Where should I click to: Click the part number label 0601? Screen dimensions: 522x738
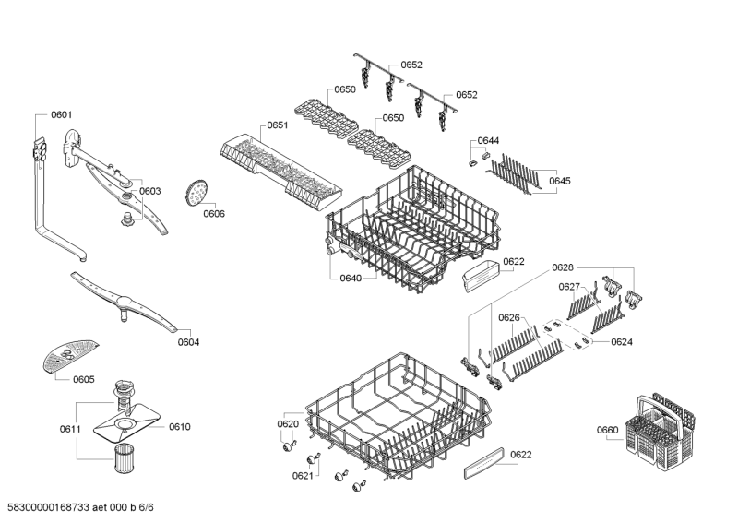(61, 115)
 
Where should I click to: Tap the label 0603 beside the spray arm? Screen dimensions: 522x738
(150, 191)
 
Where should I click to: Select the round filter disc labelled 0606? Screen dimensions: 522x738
(196, 192)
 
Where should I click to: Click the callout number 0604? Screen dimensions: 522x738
(188, 342)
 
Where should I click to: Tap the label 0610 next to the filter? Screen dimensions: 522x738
(179, 427)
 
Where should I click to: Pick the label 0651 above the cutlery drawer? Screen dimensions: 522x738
(278, 125)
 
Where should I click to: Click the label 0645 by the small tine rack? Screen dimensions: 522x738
(560, 181)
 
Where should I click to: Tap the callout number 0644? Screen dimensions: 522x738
(489, 141)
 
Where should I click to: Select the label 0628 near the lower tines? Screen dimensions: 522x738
(563, 267)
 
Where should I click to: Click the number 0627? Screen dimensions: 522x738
(569, 287)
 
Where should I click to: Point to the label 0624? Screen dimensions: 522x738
(622, 341)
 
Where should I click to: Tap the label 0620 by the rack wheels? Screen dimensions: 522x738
(288, 424)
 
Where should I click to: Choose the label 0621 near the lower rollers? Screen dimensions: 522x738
(303, 476)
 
